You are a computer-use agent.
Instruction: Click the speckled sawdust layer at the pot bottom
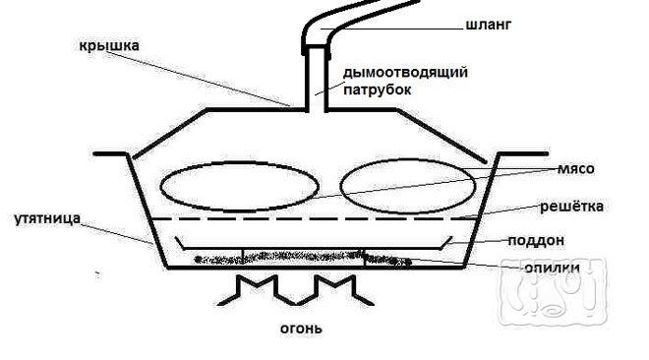pos(295,260)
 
